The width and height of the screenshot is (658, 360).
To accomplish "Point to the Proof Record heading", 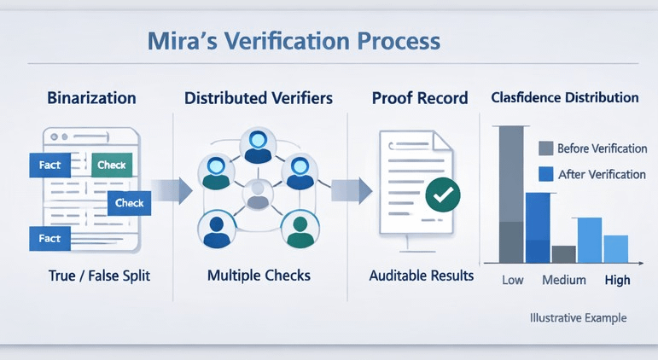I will (420, 98).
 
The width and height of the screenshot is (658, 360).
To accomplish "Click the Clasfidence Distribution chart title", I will (565, 97).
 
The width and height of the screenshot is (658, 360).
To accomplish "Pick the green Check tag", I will (112, 165).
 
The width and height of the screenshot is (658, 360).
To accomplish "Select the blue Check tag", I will (130, 203).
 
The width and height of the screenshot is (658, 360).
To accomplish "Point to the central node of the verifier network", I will (256, 195).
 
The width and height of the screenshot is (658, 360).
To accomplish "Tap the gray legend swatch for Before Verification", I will (546, 148).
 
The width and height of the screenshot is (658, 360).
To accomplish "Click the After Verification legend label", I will (601, 175).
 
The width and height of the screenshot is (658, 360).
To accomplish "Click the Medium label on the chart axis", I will (564, 280).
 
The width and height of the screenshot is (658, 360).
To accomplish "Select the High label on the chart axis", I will (617, 280).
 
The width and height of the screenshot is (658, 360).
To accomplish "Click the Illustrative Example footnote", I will (577, 317).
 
